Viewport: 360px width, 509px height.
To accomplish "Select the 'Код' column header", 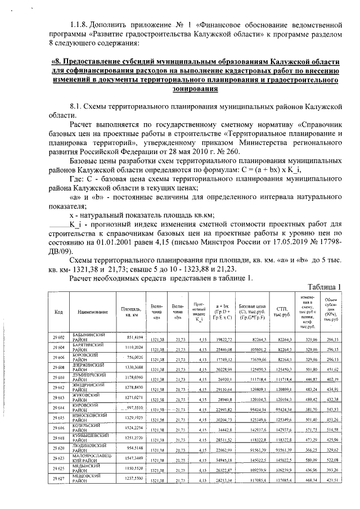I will point(58,312).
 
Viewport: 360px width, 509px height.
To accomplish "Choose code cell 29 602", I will point(58,340).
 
